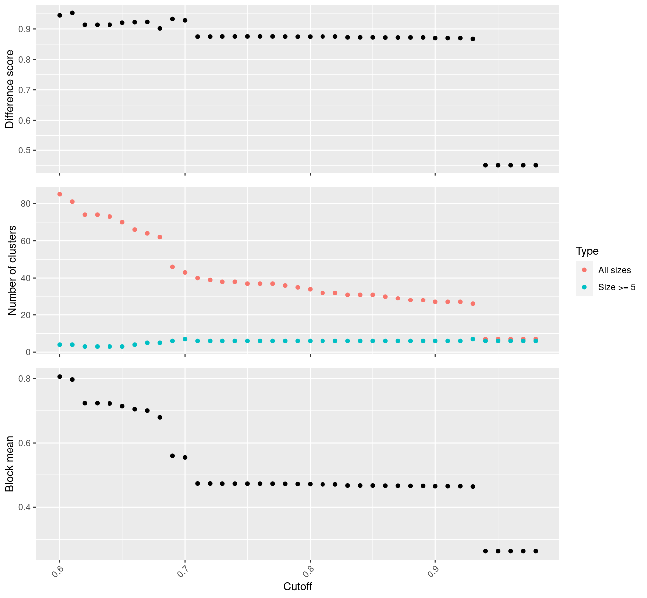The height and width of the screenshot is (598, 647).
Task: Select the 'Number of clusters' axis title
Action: (12, 271)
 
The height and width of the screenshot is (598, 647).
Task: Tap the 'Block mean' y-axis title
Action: (10, 463)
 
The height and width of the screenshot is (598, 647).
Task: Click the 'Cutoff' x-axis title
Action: (297, 587)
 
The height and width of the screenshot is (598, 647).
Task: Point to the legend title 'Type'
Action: (587, 251)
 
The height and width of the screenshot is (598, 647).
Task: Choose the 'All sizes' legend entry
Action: (614, 270)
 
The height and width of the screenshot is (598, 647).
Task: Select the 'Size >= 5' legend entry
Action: (617, 287)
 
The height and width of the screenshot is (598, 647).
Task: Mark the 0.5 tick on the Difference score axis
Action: (24, 150)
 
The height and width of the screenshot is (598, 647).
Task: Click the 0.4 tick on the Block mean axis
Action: (24, 507)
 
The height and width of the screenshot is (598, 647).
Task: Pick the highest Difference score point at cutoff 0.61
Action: (72, 13)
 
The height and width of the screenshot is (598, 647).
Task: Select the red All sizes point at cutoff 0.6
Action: (60, 194)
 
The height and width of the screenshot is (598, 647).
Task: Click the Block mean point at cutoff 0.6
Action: (60, 377)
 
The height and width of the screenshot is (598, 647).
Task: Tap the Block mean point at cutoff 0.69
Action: (172, 456)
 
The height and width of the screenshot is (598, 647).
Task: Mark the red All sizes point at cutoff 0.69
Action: (172, 267)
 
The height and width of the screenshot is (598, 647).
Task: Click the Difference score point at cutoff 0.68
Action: (160, 28)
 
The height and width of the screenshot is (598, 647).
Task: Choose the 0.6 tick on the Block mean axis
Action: (24, 443)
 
